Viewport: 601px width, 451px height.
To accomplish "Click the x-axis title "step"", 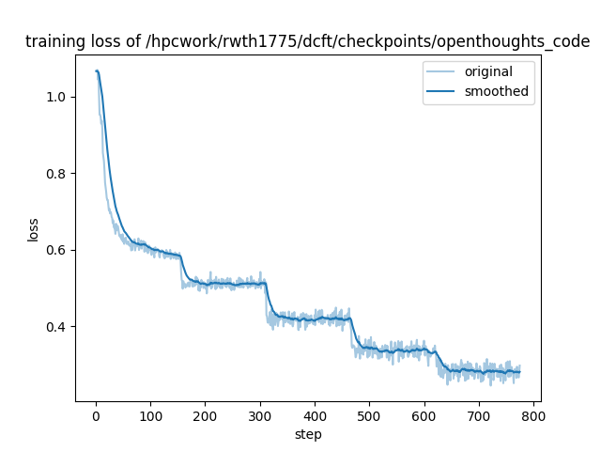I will click(308, 433).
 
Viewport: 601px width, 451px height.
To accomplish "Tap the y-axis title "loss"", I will click(33, 229).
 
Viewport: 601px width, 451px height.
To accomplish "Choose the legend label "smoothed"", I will click(497, 91).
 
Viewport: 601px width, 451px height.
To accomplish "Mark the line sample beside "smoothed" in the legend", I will click(442, 91).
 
